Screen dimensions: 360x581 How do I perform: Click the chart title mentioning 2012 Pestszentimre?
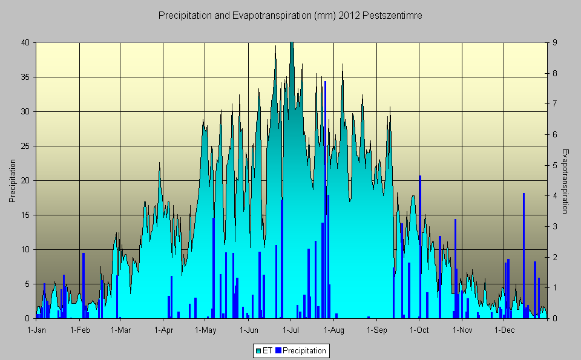[x=290, y=16]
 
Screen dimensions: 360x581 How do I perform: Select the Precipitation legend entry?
[x=300, y=350]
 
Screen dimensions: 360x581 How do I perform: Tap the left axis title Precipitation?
[x=12, y=180]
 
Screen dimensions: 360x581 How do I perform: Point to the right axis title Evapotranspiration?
[x=565, y=181]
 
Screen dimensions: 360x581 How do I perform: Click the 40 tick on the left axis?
[x=25, y=42]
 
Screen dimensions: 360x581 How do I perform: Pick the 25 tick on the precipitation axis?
[x=25, y=146]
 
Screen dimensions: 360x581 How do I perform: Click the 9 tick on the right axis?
[x=554, y=42]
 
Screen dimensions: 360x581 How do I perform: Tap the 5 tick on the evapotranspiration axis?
[x=554, y=165]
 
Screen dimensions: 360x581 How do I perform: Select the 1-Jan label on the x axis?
[x=37, y=330]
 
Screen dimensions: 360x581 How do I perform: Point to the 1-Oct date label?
[x=419, y=330]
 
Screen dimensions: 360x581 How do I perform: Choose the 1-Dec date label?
[x=505, y=330]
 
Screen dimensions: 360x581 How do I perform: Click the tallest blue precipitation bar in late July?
[x=325, y=200]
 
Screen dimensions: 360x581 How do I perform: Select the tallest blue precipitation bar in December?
[x=524, y=254]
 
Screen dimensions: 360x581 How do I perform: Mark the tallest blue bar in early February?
[x=84, y=284]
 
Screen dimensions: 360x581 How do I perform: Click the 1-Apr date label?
[x=164, y=330]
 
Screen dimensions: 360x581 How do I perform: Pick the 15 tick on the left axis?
[x=25, y=215]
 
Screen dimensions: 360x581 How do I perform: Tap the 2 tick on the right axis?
[x=554, y=257]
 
